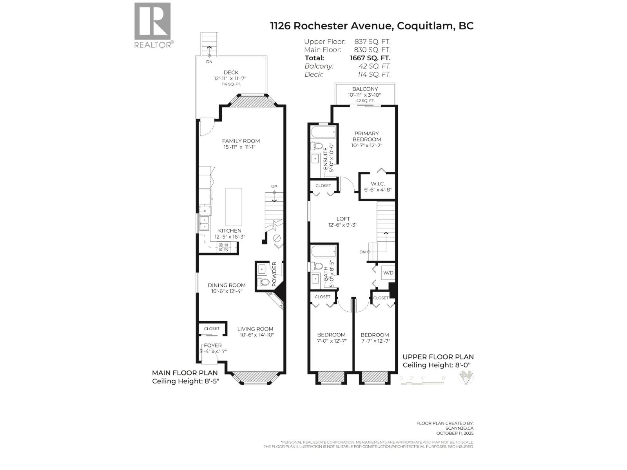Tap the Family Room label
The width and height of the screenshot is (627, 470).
[x=241, y=141]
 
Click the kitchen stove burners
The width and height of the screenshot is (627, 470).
[x=224, y=247]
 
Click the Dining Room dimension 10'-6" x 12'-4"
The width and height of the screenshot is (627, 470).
[x=227, y=291]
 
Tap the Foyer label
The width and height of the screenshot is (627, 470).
[x=212, y=345]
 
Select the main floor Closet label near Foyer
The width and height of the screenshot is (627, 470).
[x=212, y=328]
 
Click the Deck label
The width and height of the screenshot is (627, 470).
[x=231, y=72]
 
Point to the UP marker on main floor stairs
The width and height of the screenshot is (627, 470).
[x=274, y=187]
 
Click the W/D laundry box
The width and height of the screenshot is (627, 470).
[x=388, y=273]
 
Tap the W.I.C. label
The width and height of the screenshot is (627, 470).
[x=378, y=184]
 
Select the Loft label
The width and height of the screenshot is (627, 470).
[x=343, y=219]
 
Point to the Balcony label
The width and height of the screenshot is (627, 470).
[x=365, y=89]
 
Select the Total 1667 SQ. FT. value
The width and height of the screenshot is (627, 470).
[x=370, y=58]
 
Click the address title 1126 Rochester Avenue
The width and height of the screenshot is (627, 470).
[x=331, y=26]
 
